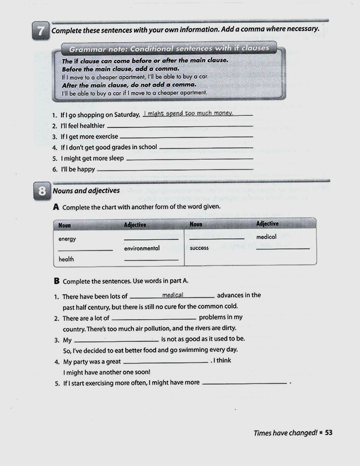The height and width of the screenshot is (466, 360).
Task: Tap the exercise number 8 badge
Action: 41,192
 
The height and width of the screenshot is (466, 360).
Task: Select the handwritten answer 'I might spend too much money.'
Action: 188,114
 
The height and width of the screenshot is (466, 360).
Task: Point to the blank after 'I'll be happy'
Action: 174,170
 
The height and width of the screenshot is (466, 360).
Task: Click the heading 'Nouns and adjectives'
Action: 86,191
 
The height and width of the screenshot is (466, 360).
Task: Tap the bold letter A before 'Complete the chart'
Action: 56,207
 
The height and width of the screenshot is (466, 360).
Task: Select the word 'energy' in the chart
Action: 67,239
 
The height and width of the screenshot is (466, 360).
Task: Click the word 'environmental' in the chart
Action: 142,248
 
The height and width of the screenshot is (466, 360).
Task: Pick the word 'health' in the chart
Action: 66,259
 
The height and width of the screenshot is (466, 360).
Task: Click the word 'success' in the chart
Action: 199,248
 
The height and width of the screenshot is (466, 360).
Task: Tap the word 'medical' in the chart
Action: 266,237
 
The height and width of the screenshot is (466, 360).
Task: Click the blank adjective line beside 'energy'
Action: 151,239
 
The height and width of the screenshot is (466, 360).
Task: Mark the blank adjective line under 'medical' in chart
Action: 283,248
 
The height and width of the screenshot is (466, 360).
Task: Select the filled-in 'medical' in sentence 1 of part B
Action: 172,295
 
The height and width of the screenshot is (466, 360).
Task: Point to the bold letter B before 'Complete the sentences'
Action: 56,281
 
